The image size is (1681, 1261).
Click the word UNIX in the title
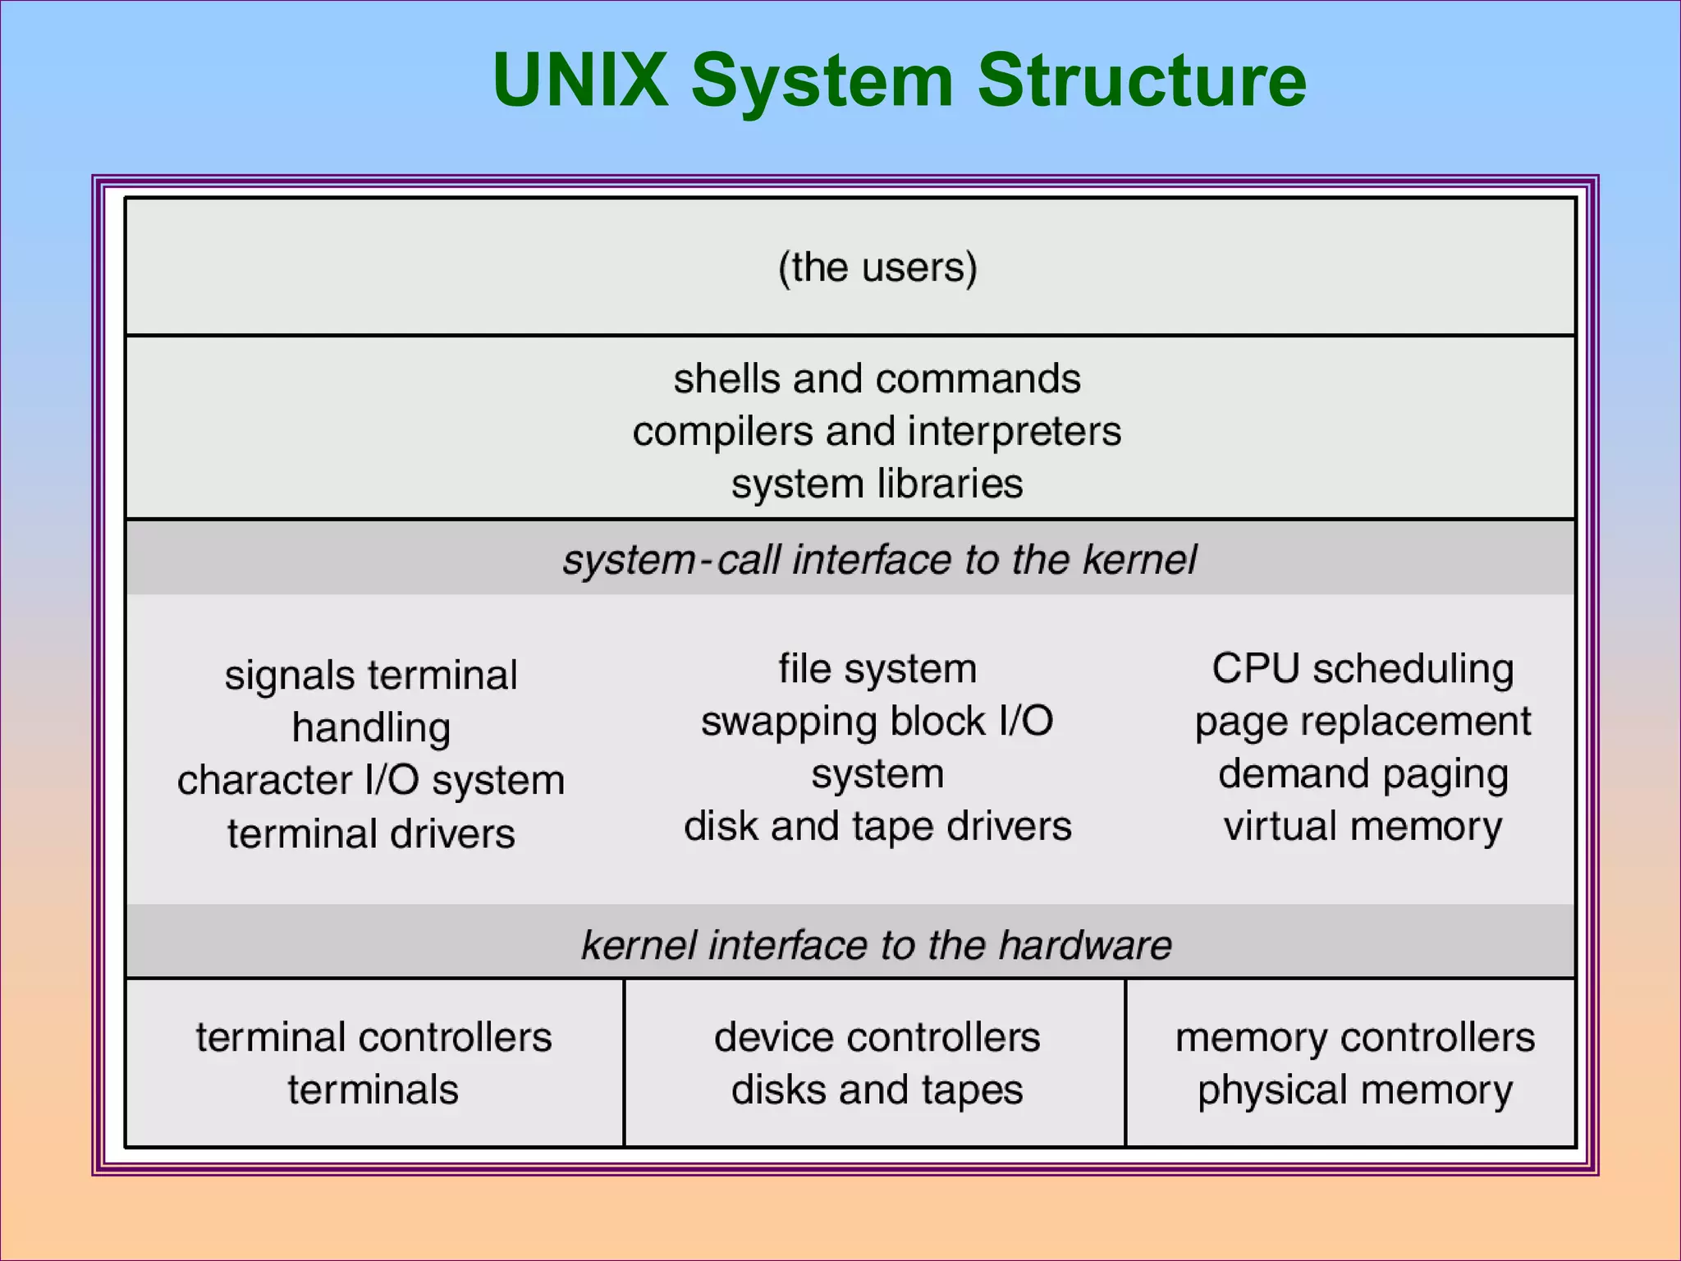click(x=579, y=80)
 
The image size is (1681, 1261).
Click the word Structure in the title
click(x=1141, y=80)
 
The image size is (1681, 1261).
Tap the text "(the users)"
click(x=877, y=268)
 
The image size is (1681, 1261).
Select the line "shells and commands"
click(x=877, y=379)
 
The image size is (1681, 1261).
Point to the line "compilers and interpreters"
click(x=877, y=432)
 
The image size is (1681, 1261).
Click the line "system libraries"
click(x=877, y=484)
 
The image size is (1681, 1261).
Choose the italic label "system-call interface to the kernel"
click(x=878, y=560)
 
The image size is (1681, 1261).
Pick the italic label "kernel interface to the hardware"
click(x=876, y=945)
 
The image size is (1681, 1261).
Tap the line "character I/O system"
click(x=371, y=781)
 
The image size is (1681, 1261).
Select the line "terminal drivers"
click(x=371, y=834)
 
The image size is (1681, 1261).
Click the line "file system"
click(x=877, y=669)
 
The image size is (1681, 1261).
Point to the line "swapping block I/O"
click(x=877, y=722)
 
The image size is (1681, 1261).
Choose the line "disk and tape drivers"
click(x=877, y=827)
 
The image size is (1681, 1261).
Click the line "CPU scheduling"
click(x=1363, y=669)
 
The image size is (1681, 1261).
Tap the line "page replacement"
click(x=1363, y=722)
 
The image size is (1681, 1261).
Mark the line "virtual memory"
click(x=1363, y=827)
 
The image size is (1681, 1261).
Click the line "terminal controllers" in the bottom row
click(x=373, y=1038)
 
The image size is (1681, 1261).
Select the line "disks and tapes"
click(x=877, y=1090)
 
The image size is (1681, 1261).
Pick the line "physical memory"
click(x=1354, y=1090)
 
